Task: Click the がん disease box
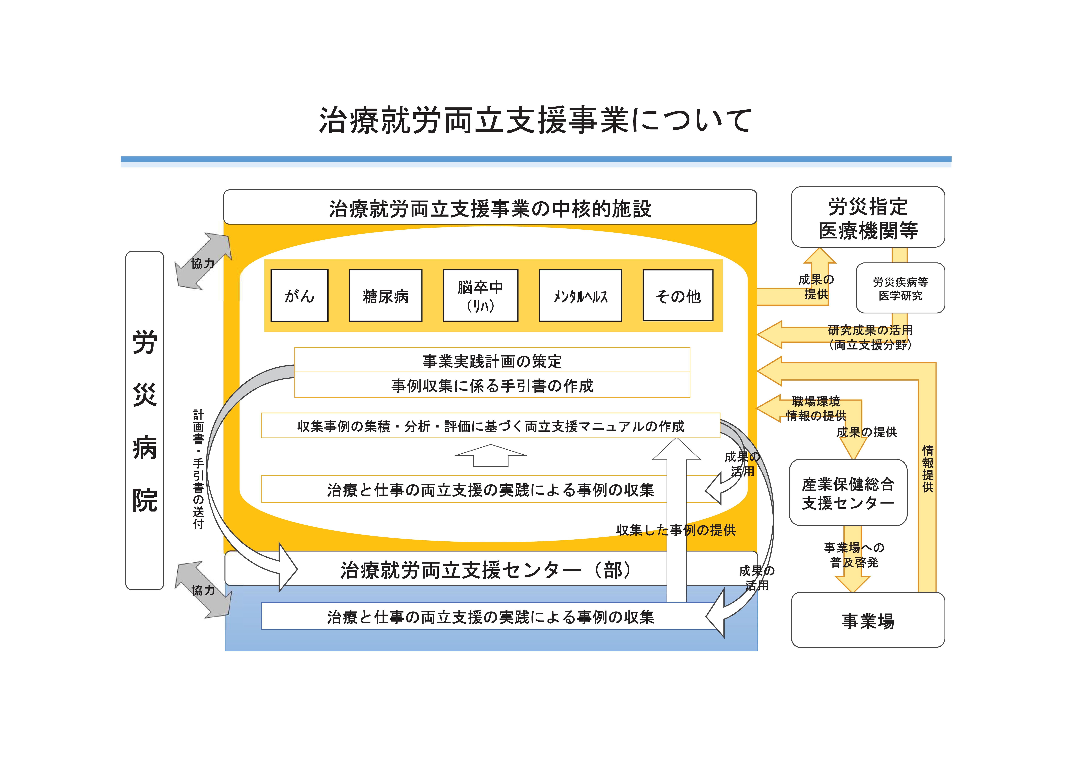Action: tap(299, 295)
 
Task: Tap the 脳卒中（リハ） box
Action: tap(480, 295)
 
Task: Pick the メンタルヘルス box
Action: tap(580, 295)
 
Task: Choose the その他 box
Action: tap(678, 295)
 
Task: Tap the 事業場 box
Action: tap(868, 620)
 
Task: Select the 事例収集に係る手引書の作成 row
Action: tap(492, 386)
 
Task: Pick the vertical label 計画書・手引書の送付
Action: tap(198, 469)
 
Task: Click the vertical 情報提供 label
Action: tap(928, 468)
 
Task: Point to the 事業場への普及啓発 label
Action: tap(854, 554)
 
